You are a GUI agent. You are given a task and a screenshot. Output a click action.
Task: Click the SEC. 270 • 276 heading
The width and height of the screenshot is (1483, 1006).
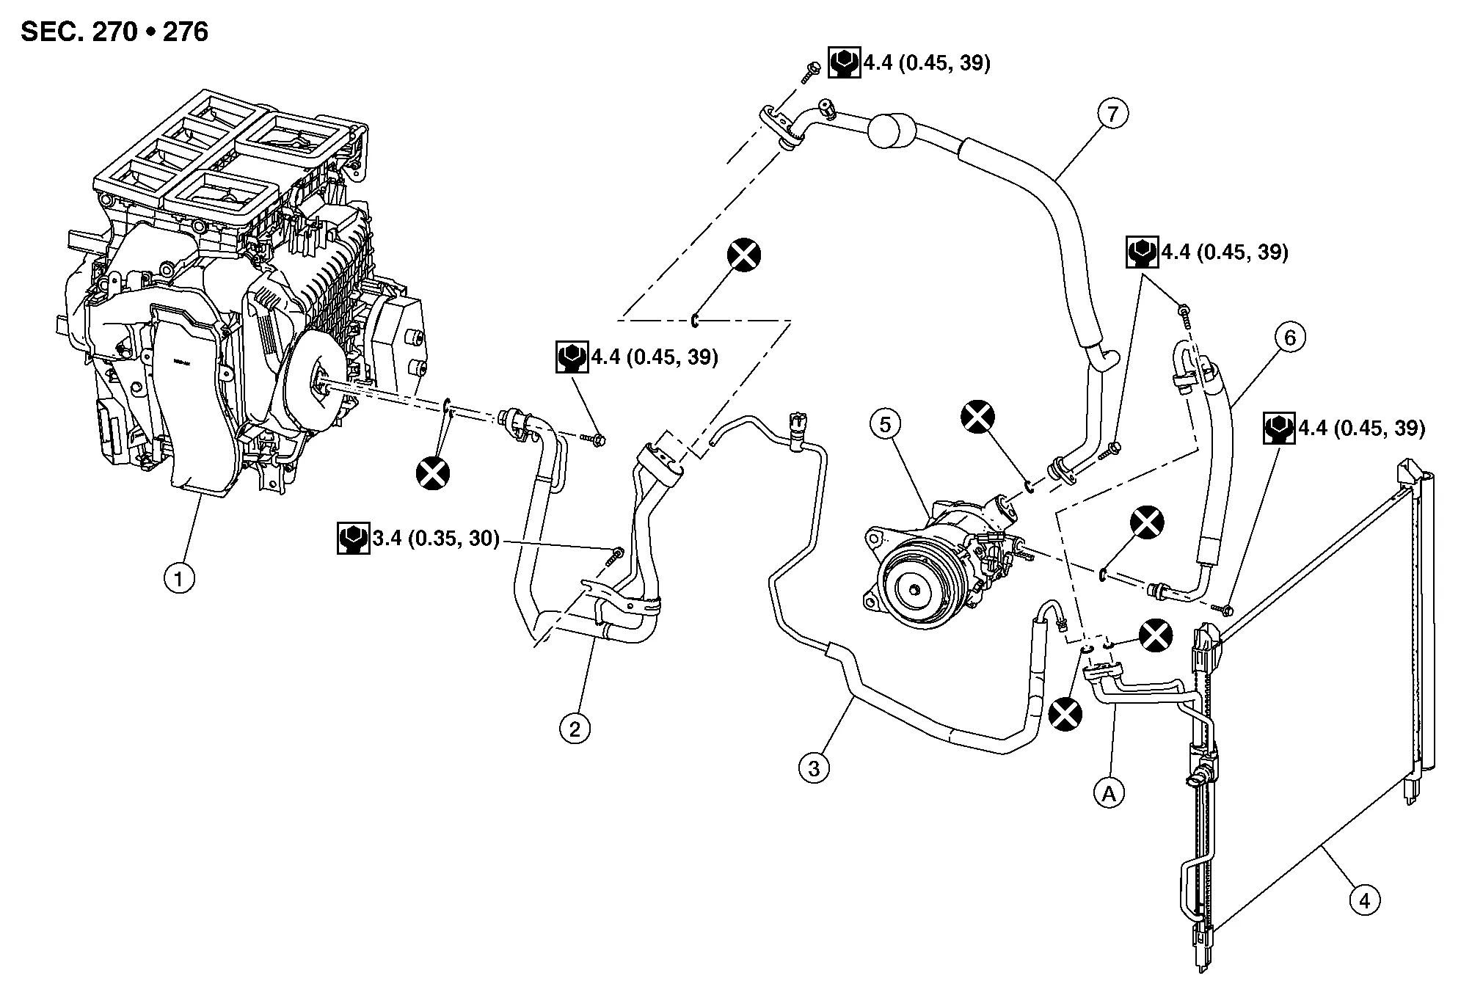[114, 32]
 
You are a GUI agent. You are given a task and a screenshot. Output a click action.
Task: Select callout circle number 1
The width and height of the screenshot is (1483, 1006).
[179, 579]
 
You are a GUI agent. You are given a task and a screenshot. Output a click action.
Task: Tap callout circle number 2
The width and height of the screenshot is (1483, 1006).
[575, 729]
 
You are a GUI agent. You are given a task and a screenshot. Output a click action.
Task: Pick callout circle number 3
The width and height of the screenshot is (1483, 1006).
[814, 768]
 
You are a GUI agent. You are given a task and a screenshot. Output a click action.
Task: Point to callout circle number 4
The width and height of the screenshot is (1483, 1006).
[1365, 900]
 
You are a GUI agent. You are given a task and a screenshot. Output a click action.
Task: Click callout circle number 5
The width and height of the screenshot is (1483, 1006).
[886, 424]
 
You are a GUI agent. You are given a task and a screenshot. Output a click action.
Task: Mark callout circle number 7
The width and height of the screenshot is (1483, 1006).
[1113, 114]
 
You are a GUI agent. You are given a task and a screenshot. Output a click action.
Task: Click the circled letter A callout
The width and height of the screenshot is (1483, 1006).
[1109, 792]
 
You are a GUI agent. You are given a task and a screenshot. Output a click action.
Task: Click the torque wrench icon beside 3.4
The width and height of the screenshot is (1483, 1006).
[353, 539]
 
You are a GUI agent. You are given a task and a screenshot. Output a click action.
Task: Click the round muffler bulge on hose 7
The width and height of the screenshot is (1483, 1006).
[892, 132]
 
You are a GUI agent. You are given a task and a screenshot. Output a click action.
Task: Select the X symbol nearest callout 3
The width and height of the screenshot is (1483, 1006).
[1065, 713]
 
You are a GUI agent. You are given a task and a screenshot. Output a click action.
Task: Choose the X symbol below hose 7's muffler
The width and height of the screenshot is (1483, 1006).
[744, 255]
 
